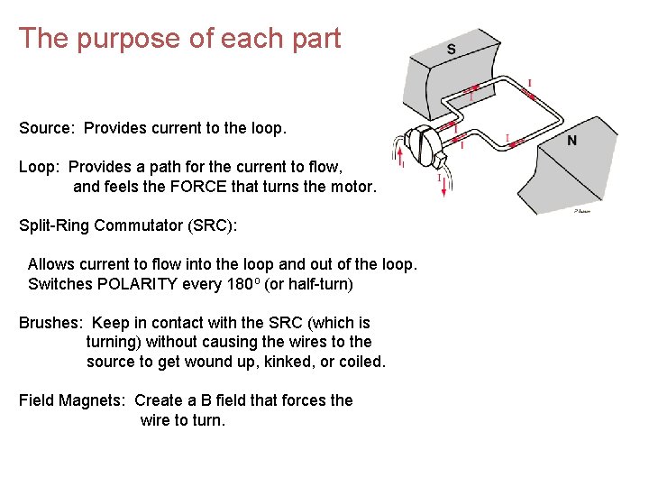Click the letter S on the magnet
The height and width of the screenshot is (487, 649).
tap(451, 50)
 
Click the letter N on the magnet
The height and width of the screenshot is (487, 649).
tap(572, 141)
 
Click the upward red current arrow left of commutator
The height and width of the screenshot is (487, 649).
tap(394, 147)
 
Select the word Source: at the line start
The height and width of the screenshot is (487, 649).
tap(47, 128)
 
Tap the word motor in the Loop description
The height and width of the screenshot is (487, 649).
tap(352, 188)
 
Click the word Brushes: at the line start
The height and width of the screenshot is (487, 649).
tap(50, 323)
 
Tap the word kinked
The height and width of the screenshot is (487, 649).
tap(287, 362)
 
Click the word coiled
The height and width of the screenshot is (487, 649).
tap(361, 362)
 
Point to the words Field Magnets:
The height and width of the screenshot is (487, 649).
tap(72, 400)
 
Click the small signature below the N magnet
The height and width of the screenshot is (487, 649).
tap(582, 210)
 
